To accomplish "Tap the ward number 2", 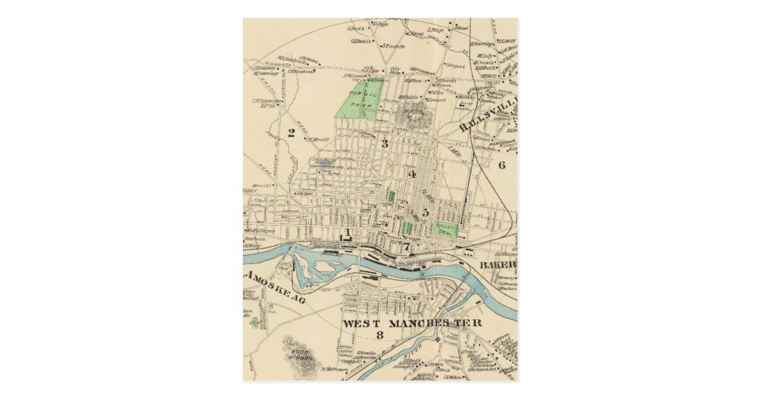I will [x=291, y=133].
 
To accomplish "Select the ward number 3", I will [x=384, y=143].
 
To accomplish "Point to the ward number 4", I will [x=412, y=175].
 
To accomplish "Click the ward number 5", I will [x=426, y=213].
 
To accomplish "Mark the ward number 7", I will [x=406, y=247].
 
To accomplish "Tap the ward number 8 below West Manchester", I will [x=379, y=335].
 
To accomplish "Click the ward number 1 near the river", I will [x=348, y=232].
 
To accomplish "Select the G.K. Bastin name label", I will [x=360, y=40].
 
